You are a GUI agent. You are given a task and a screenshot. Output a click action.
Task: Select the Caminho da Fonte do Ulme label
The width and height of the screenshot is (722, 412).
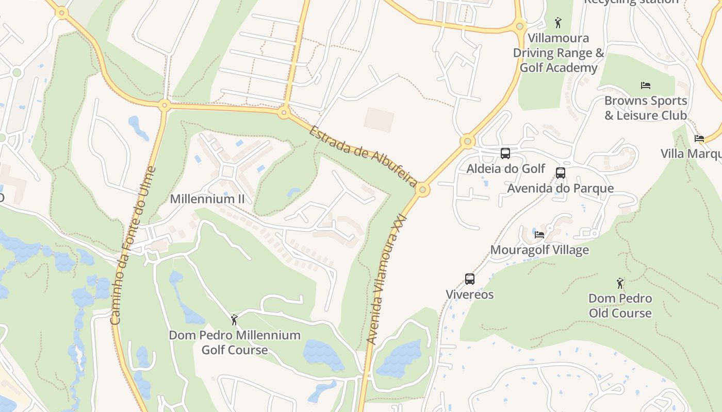133,245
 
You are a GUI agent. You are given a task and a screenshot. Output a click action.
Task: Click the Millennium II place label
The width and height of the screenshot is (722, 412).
207,199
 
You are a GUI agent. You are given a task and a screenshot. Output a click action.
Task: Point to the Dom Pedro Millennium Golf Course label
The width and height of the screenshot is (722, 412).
235,342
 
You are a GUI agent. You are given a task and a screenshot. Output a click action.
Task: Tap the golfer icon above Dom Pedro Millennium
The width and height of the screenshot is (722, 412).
234,320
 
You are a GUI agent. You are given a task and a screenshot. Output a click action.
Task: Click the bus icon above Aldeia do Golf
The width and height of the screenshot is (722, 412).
505,153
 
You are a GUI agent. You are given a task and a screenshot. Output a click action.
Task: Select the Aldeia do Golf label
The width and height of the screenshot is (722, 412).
505,168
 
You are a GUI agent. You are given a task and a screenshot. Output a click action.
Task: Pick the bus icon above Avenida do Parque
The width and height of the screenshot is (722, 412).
561,173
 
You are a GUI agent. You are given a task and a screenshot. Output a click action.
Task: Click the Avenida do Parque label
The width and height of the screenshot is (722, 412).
561,188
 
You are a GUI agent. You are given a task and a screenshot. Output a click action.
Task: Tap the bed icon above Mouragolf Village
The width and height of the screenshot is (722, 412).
539,235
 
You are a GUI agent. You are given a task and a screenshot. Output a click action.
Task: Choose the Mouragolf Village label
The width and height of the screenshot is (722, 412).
539,250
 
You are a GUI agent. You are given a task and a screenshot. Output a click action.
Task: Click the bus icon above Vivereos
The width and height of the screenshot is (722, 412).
470,279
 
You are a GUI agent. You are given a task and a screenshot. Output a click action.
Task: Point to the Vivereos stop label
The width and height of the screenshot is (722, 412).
470,295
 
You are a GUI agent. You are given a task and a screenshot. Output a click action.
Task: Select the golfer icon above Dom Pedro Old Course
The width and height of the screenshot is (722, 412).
620,283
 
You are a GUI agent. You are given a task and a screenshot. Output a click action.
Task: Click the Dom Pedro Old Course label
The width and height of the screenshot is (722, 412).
620,305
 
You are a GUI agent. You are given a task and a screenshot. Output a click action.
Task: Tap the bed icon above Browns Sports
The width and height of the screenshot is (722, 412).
646,85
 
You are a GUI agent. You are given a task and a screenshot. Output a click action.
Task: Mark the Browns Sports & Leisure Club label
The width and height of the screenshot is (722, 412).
646,108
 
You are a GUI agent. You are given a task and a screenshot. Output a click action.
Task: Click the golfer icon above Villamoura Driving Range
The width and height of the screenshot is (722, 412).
557,23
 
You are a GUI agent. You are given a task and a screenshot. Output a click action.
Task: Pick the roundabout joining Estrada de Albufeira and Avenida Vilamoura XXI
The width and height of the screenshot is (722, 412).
422,190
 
